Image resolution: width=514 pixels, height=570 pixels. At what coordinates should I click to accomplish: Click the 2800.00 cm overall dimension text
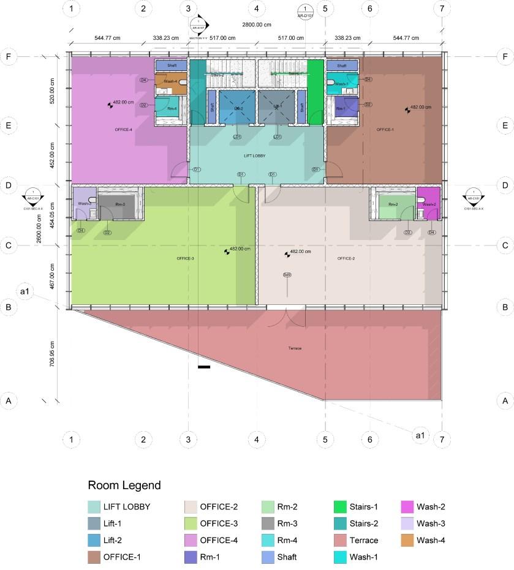[257, 25]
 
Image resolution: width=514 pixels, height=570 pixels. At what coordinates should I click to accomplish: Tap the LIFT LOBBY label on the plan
[254, 157]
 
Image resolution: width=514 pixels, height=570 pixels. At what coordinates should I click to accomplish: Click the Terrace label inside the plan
[295, 348]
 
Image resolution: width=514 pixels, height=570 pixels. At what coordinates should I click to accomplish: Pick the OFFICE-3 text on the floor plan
[185, 258]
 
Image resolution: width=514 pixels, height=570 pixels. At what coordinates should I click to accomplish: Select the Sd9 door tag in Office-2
[287, 274]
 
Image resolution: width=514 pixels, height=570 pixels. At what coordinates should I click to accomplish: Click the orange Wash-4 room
[170, 82]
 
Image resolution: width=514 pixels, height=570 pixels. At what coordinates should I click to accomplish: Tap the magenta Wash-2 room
[429, 204]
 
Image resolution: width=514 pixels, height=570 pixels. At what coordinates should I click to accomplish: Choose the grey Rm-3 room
[120, 204]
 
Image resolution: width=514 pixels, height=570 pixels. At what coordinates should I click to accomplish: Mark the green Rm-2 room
[393, 204]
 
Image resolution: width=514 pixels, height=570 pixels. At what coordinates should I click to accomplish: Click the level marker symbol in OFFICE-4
[110, 105]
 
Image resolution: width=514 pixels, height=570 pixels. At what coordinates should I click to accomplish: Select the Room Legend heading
[124, 486]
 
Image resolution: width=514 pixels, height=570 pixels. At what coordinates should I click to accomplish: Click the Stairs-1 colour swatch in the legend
[340, 507]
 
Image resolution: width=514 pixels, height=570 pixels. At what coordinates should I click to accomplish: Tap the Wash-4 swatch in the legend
[407, 541]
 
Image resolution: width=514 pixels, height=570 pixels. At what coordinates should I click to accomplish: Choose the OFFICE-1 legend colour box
[94, 557]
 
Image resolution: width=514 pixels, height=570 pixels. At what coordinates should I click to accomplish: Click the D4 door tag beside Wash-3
[81, 230]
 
